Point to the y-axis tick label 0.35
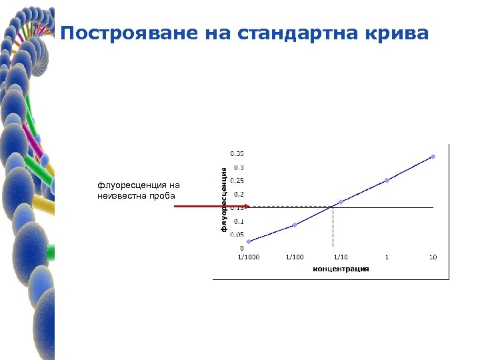point(237,153)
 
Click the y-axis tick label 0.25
point(237,180)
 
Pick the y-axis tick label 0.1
point(239,221)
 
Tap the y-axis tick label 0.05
point(237,234)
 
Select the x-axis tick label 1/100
point(294,257)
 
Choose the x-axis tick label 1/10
point(340,257)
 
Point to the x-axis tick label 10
point(433,257)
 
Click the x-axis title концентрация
point(341,269)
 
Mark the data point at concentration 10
point(433,157)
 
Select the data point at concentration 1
point(387,180)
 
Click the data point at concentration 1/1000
point(248,241)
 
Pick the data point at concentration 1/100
point(294,225)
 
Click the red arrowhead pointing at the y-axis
point(245,207)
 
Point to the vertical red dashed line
point(333,227)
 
